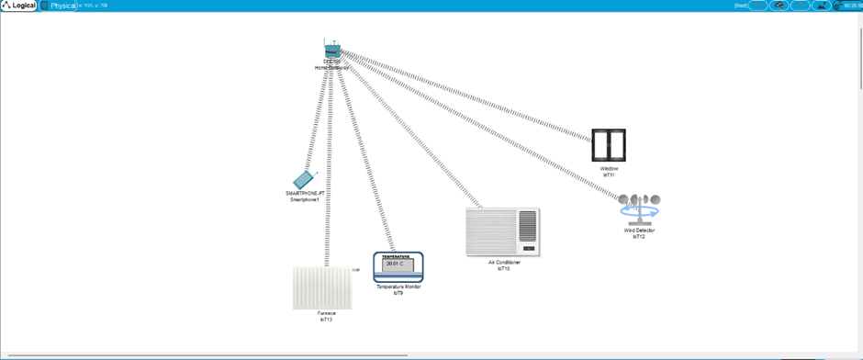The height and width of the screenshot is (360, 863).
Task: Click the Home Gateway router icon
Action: pos(331,51)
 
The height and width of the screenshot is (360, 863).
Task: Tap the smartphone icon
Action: pos(304,179)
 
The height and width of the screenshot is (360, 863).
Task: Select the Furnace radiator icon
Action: pos(321,287)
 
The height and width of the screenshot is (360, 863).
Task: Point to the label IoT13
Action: pos(327,320)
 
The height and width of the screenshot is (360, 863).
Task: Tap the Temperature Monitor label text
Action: pos(398,287)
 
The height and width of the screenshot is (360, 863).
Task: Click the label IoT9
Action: pos(398,293)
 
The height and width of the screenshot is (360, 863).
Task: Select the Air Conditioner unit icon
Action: pos(501,231)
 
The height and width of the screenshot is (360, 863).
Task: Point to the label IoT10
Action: pos(504,269)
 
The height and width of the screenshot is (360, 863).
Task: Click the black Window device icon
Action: pos(609,145)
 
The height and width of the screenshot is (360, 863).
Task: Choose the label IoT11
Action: pos(609,174)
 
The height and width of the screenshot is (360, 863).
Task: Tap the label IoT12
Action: pos(640,237)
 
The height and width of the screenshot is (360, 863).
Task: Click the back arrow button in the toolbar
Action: pos(758,6)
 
